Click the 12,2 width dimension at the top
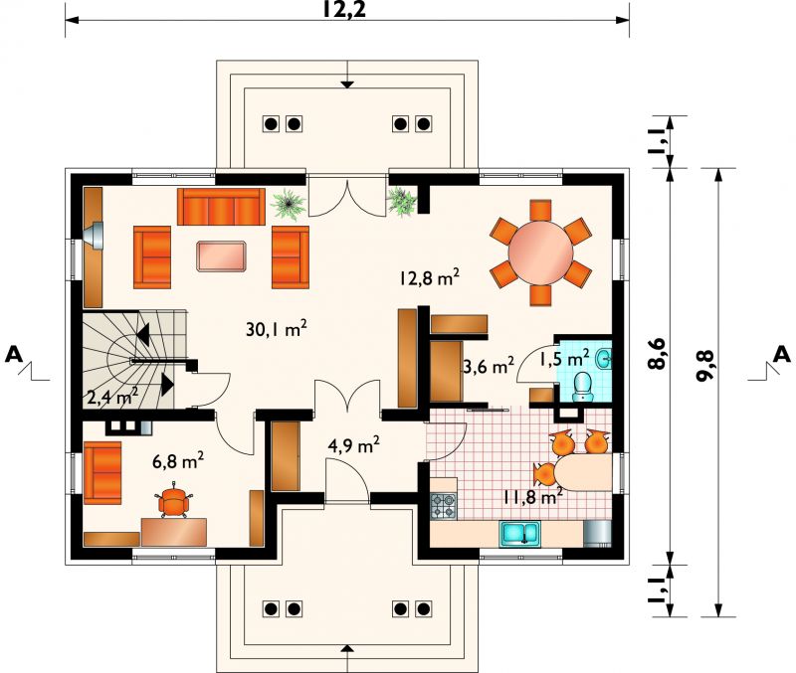[x=344, y=9]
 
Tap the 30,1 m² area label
[x=277, y=329]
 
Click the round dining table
[x=540, y=252]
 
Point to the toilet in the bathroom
[x=582, y=387]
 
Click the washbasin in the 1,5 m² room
[x=604, y=359]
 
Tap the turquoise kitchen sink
[x=519, y=534]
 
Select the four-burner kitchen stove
[x=444, y=506]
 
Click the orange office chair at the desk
[x=173, y=502]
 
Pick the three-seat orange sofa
[x=221, y=207]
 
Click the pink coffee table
[x=222, y=256]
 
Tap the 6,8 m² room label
[x=178, y=461]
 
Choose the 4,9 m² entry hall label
[x=354, y=445]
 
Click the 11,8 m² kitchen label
[x=533, y=496]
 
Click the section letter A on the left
[x=14, y=355]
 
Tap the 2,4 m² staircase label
[x=113, y=398]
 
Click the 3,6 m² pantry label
[x=489, y=365]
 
